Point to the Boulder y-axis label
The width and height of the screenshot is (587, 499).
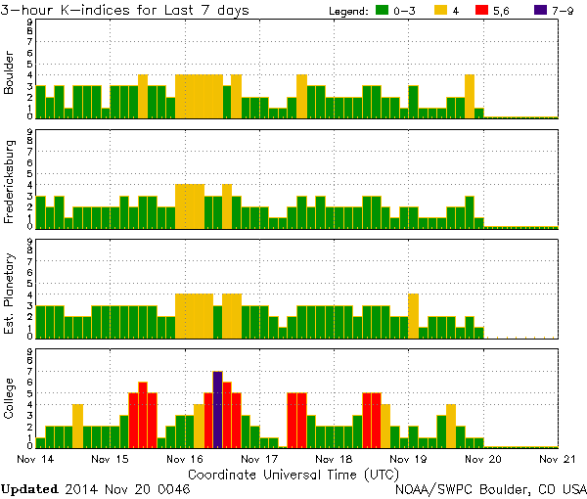pos(10,72)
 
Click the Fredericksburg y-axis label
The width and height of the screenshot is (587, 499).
pos(10,182)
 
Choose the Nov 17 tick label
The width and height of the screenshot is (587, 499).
pos(259,458)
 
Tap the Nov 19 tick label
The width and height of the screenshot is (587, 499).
pos(409,458)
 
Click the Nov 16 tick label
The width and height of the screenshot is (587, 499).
pos(185,458)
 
